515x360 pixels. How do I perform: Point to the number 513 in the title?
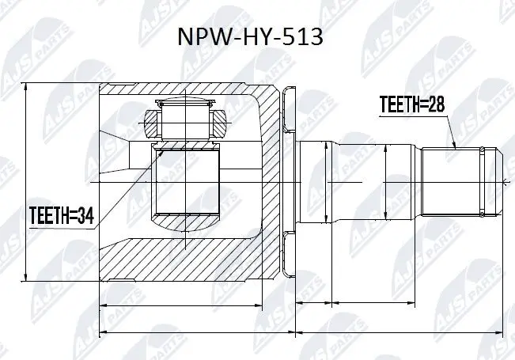coord(302,38)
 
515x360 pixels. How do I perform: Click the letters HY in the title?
coord(256,38)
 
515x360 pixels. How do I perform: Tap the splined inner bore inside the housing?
coord(187,183)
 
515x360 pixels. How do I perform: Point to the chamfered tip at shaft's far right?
coord(498,181)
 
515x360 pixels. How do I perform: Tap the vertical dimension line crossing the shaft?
coord(384,182)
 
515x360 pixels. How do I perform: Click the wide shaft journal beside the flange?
coord(314,181)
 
